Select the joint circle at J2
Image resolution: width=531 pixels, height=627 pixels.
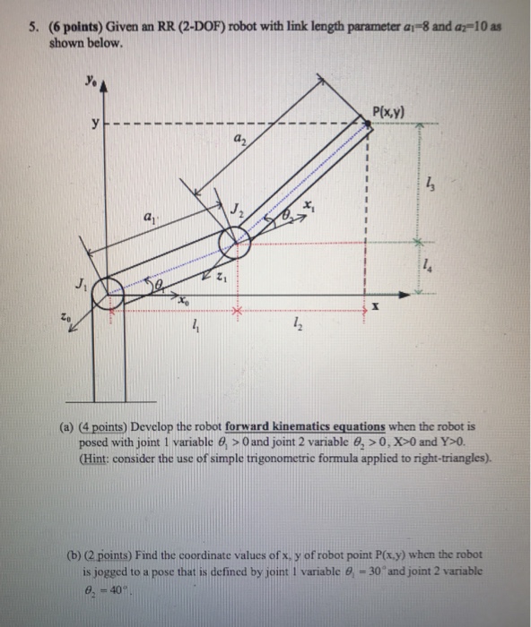(235, 239)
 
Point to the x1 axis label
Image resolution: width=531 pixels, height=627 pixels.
(309, 207)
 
